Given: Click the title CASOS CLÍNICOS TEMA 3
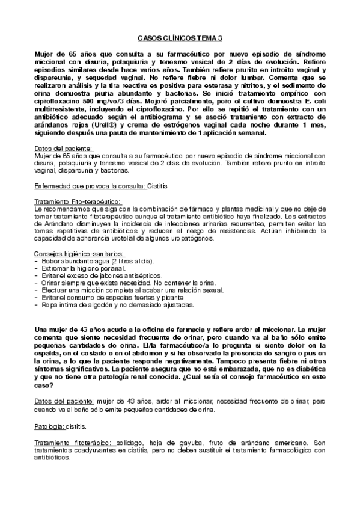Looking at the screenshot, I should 180,38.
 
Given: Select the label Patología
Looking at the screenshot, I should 50,426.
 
